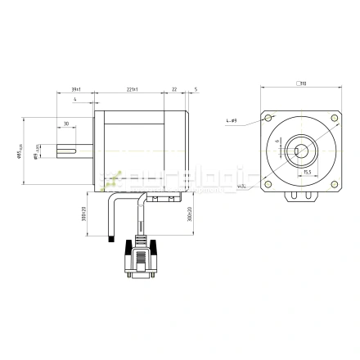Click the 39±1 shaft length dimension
75,88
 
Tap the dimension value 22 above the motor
174,88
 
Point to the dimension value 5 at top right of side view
196,88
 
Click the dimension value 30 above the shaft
65,124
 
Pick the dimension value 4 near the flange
74,100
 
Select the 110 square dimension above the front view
301,83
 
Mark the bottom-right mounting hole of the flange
335,186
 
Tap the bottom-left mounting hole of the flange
267,186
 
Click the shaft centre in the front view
301,151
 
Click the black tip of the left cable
110,239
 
